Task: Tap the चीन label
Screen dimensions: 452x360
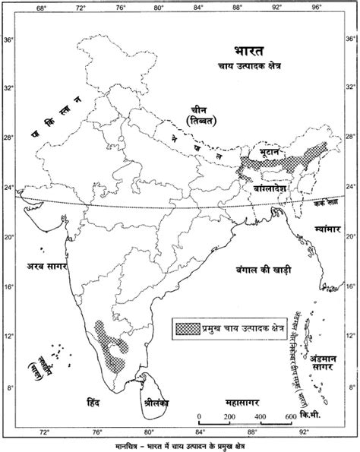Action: point(199,108)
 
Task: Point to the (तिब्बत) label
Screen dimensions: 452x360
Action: point(201,122)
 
